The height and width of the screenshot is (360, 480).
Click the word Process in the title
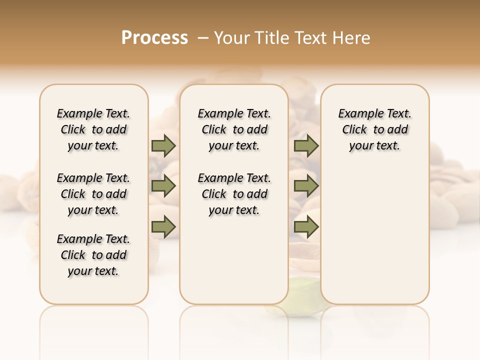click(x=154, y=38)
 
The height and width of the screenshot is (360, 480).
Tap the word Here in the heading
click(x=351, y=38)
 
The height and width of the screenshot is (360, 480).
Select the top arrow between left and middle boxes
click(x=163, y=146)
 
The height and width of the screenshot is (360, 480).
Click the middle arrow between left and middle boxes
click(x=163, y=186)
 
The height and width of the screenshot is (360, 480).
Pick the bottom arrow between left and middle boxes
click(x=163, y=227)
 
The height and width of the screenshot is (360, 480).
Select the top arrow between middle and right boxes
click(x=306, y=146)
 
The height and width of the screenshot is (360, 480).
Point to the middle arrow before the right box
click(x=306, y=186)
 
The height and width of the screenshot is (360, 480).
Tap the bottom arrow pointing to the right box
click(x=306, y=227)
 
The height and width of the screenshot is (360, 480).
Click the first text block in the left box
click(x=93, y=129)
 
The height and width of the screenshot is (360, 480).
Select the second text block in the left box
click(x=93, y=194)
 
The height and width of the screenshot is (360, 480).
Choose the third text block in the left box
click(x=93, y=255)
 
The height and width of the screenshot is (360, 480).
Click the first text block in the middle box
click(x=234, y=129)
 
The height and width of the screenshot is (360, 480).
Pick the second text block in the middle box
click(x=234, y=194)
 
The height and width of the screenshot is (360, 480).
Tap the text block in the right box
click(x=374, y=129)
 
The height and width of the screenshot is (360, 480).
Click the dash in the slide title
click(x=203, y=38)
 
